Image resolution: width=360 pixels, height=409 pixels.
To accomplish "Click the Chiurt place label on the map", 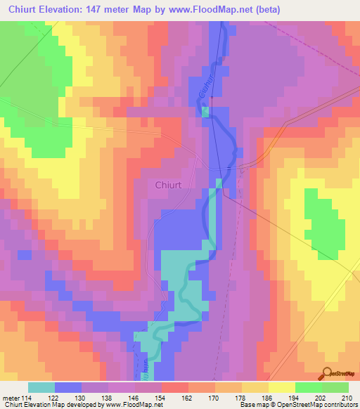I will click(168, 186).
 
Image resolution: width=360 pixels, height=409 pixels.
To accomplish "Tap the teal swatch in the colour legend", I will click(41, 387).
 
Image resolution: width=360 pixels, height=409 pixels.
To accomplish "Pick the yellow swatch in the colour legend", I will click(281, 387).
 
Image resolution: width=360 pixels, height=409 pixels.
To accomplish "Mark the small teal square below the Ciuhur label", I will click(205, 112).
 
